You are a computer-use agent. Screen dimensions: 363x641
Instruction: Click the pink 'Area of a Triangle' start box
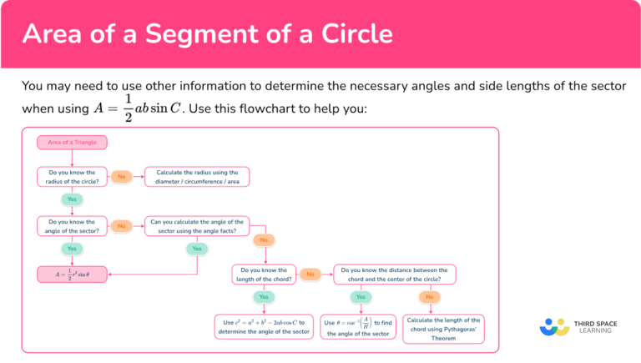73,143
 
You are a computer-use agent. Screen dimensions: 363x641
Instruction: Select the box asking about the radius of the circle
73,177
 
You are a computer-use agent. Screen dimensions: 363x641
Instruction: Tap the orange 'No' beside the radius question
122,177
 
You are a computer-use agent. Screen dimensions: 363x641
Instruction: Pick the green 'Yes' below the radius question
72,200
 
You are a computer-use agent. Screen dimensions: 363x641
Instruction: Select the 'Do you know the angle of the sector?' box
73,225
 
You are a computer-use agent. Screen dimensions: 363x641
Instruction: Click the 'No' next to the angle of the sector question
122,225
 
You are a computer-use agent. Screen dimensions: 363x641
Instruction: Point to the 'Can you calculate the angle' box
197,225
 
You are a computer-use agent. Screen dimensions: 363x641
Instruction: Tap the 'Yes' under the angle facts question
197,249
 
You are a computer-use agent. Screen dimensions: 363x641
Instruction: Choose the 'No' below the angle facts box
264,239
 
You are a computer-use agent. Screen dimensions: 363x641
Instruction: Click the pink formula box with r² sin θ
73,274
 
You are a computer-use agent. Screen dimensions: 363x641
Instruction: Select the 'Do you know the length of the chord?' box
264,274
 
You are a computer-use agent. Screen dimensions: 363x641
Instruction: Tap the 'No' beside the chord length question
310,274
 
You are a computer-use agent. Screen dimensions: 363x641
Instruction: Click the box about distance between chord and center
394,274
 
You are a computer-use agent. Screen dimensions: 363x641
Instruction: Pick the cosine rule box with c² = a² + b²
264,326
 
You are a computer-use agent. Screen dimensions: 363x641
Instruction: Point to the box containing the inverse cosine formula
359,326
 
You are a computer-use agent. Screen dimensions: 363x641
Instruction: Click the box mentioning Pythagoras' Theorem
442,325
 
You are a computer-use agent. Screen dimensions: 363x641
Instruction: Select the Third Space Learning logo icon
554,326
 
